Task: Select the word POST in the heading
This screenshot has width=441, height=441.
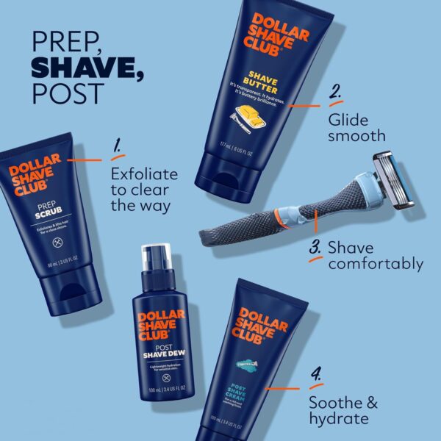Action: click(59, 94)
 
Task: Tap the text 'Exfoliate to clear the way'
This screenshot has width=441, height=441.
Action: click(144, 190)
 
